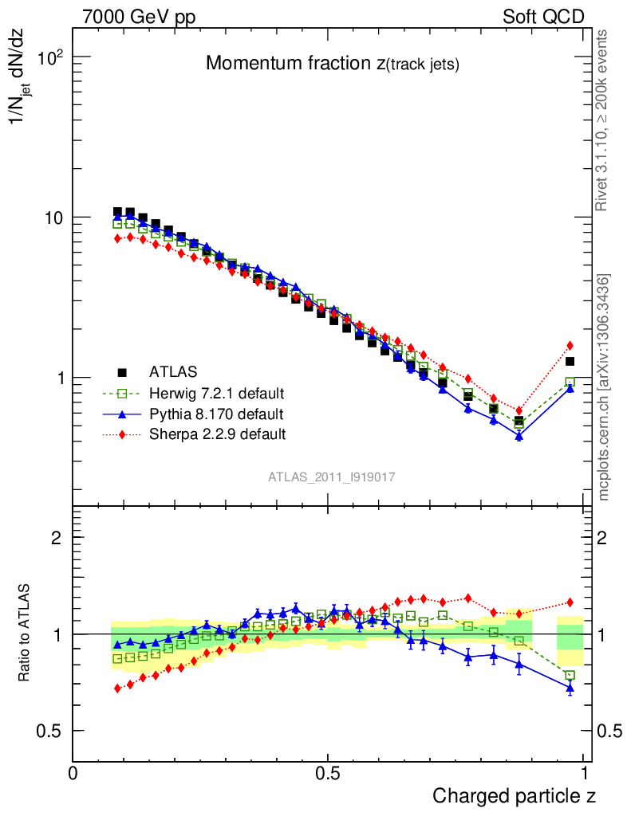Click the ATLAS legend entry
[x=173, y=372]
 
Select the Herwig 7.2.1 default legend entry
[x=216, y=394]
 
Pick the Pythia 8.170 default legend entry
[x=215, y=414]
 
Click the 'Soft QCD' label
[x=543, y=17]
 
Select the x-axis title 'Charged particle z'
[x=514, y=795]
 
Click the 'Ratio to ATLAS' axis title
[x=25, y=634]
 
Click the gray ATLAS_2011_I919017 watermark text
[x=332, y=477]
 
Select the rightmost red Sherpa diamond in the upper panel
[x=570, y=346]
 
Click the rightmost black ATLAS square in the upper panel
[x=570, y=362]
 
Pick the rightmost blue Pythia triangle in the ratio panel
[x=570, y=687]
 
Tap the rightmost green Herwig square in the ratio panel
[x=570, y=676]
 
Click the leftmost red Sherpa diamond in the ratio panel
[x=118, y=688]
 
